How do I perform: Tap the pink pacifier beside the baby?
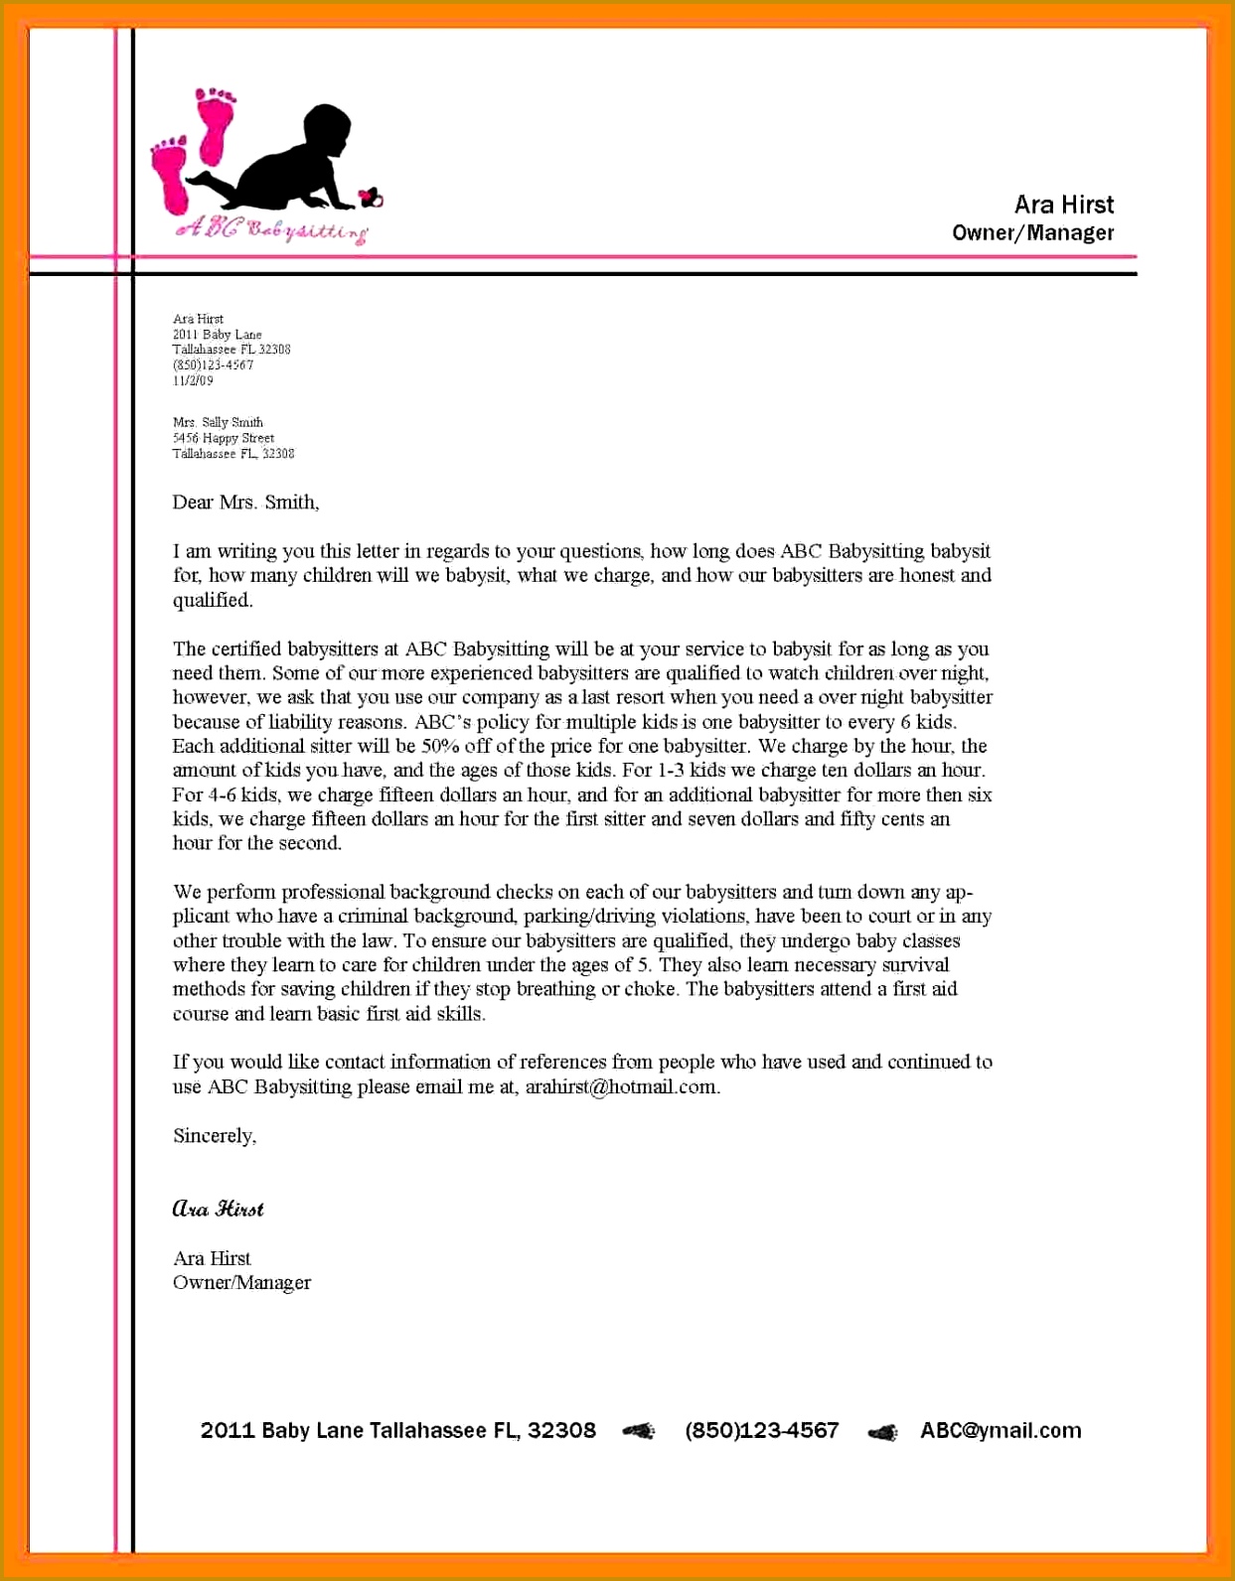coord(372,199)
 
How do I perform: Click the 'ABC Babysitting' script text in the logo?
coord(271,229)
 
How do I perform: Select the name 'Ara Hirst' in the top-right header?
coord(1063,205)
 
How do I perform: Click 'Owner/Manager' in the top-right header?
coord(1032,233)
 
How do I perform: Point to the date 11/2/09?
coord(193,380)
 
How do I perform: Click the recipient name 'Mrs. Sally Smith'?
coord(218,422)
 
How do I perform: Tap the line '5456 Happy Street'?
coord(223,438)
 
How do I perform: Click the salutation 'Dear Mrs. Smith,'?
coord(245,503)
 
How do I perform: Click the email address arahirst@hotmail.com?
coord(620,1086)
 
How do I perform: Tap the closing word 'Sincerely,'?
coord(215,1135)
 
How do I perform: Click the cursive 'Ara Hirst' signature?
coord(218,1209)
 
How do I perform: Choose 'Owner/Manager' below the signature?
coord(241,1282)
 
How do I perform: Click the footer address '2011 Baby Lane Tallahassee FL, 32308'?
coord(397,1430)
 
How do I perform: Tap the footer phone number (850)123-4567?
coord(761,1430)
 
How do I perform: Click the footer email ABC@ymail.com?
coord(1000,1430)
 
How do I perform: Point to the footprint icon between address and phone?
coord(639,1431)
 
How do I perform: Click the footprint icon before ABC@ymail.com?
coord(882,1432)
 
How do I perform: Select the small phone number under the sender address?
coord(213,364)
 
